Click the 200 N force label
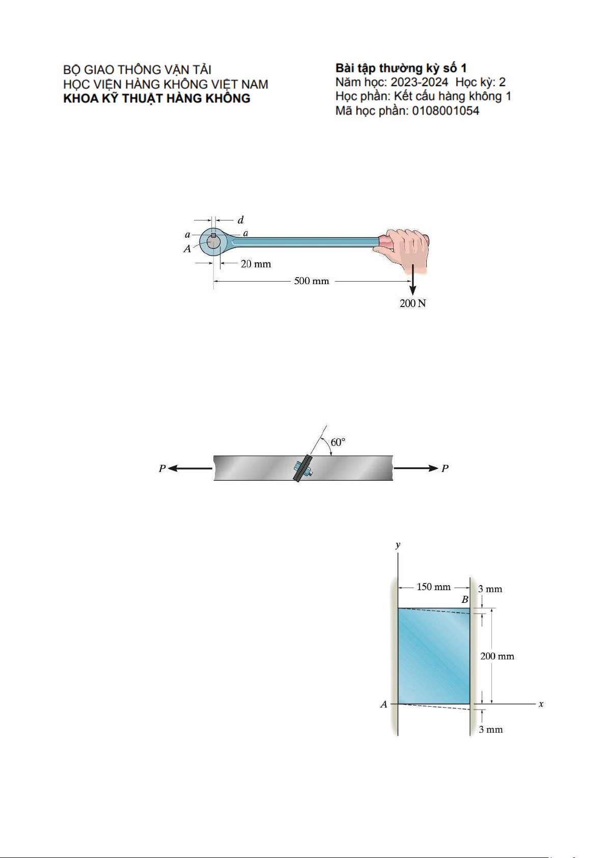[412, 303]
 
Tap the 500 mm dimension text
[311, 281]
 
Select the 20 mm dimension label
[256, 264]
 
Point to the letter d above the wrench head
[240, 220]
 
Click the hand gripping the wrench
[404, 249]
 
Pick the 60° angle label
[338, 442]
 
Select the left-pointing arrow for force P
[190, 468]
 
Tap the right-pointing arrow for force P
[416, 468]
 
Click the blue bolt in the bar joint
[302, 469]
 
